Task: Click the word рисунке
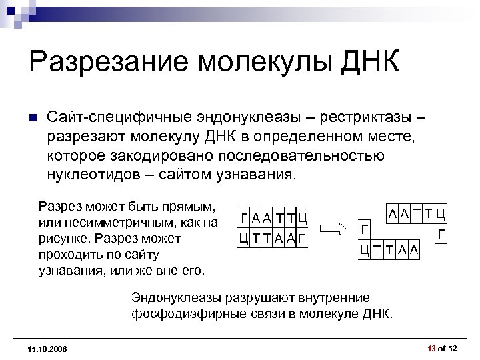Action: pos(64,238)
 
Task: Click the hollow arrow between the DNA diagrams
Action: pos(333,229)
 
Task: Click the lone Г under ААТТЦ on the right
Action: pos(441,235)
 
